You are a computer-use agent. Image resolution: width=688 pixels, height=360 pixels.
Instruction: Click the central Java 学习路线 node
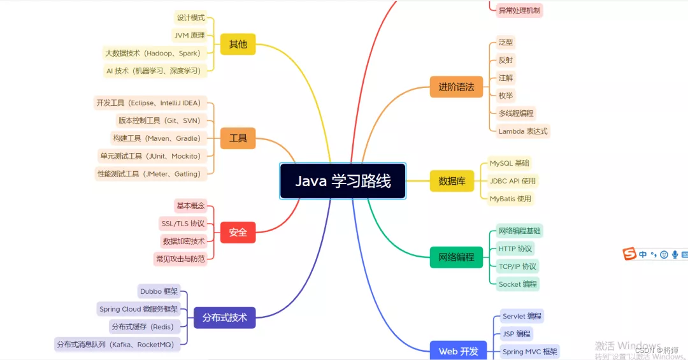coord(343,181)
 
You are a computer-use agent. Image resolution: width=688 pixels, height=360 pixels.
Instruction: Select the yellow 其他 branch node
coord(238,45)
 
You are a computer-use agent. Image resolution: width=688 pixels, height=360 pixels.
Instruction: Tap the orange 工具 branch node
coord(238,138)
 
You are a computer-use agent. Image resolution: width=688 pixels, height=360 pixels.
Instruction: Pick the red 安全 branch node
coord(238,233)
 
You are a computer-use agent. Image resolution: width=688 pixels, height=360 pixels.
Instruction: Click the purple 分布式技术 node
coord(224,317)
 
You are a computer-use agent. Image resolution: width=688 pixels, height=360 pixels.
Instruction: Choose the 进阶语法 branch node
coord(456,87)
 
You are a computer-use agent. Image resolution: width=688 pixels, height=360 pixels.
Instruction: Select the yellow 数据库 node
coord(452,181)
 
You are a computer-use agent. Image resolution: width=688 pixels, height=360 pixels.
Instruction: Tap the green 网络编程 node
coord(456,257)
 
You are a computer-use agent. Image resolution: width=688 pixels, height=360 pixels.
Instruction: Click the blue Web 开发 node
coord(458,351)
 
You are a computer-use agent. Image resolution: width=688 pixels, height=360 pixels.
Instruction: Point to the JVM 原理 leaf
coord(189,35)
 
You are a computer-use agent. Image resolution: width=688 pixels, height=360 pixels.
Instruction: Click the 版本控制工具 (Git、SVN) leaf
coord(159,120)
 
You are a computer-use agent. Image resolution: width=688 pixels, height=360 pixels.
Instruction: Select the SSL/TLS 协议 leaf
coord(183,224)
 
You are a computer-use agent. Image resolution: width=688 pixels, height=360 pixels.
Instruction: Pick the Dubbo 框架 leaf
coord(159,292)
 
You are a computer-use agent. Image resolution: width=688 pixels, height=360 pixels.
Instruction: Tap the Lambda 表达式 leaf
coord(523,131)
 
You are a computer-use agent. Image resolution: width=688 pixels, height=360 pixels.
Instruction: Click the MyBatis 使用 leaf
coord(510,199)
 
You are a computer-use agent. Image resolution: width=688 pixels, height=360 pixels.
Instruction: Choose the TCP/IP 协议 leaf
coord(517,266)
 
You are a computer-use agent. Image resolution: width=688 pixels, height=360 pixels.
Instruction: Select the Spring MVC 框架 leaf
coord(529,351)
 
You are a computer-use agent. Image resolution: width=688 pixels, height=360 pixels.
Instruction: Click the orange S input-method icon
coord(629,254)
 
